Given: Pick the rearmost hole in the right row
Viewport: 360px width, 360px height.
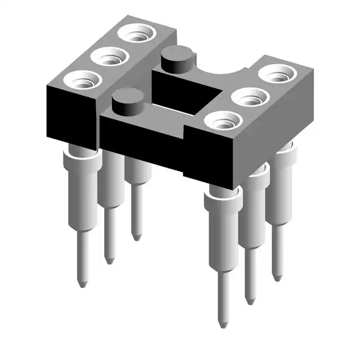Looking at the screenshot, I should coord(276,74).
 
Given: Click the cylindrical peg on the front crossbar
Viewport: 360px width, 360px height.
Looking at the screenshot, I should coord(124,103).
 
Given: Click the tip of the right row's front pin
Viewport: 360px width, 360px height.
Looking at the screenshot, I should coord(223,324).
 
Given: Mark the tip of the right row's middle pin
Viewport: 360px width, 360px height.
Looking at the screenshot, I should coord(250,301).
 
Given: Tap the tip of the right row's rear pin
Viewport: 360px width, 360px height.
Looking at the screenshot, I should coord(277,277).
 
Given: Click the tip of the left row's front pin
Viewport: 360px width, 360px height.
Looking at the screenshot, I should coord(82,283).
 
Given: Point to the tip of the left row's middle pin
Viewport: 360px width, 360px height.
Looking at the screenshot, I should coord(109,260).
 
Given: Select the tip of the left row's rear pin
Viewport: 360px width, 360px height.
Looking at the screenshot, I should coord(136,236).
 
